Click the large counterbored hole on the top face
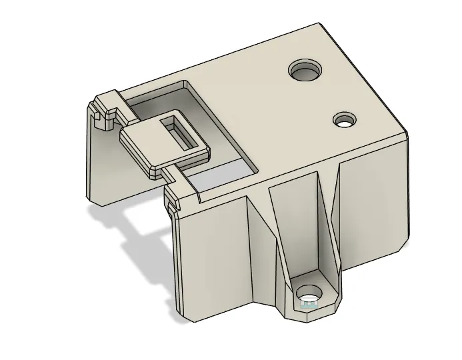click(305, 69)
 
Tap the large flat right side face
click(373, 200)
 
